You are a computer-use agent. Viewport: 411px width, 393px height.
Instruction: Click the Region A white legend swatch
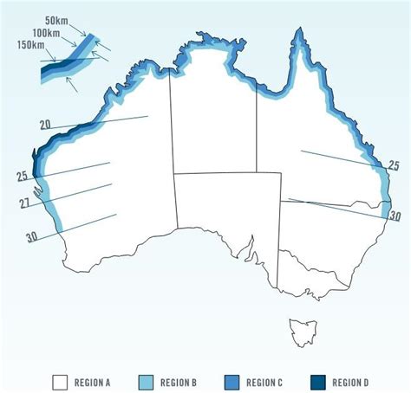coord(60,380)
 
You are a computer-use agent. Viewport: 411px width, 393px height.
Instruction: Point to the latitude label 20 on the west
coord(46,126)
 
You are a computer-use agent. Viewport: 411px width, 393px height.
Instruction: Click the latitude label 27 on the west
coord(24,204)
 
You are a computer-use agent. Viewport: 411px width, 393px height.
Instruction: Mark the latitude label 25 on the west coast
coord(22,177)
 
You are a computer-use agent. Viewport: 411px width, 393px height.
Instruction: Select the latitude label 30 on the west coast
coord(32,235)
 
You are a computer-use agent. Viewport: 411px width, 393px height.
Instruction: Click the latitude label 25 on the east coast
coord(393,166)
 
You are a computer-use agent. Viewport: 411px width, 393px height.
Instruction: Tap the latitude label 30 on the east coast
coord(395,216)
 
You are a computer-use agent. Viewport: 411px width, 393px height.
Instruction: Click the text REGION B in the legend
coord(181,381)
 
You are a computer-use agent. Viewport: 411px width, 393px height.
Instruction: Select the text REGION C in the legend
coord(265,381)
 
